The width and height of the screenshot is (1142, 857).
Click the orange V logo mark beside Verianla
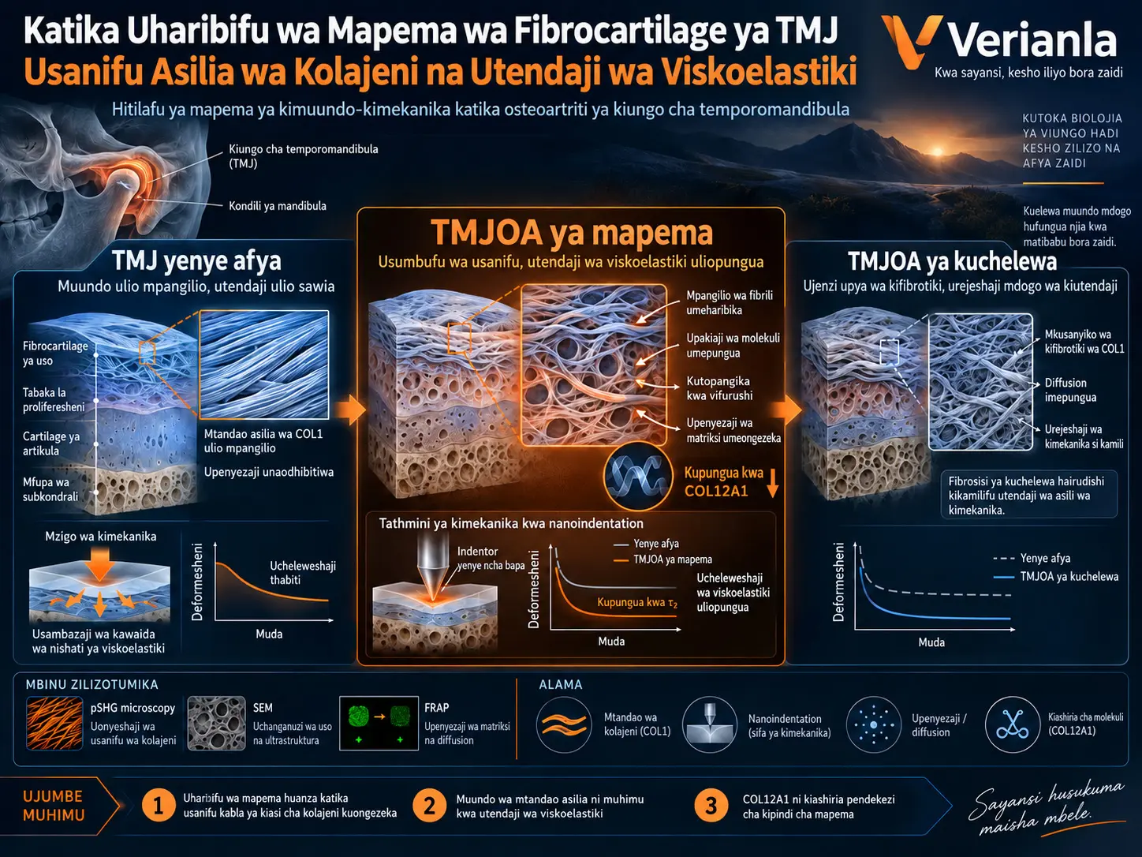[x=912, y=43]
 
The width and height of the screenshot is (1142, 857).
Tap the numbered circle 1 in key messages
[x=158, y=806]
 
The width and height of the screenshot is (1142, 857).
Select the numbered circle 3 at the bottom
[x=711, y=806]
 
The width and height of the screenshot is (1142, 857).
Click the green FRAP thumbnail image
[x=379, y=724]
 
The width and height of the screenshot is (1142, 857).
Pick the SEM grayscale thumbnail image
[x=216, y=724]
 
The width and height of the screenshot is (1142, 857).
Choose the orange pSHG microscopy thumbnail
[x=54, y=724]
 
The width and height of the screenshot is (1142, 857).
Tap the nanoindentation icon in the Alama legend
[x=710, y=725]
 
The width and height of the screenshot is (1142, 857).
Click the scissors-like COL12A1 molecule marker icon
[x=1013, y=725]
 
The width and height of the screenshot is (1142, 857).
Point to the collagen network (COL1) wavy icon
[x=564, y=725]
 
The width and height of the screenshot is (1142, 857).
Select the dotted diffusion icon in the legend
[x=874, y=725]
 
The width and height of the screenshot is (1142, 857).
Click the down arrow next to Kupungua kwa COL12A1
[x=773, y=482]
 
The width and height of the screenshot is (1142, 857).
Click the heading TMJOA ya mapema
[x=572, y=232]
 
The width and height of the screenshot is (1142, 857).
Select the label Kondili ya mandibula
[x=278, y=206]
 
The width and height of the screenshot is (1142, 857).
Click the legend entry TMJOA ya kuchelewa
[x=1069, y=577]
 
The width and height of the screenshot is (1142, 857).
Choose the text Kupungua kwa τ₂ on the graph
[x=637, y=603]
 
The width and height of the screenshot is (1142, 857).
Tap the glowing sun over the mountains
[x=938, y=152]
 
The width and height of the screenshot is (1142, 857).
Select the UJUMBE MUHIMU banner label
[x=53, y=806]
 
